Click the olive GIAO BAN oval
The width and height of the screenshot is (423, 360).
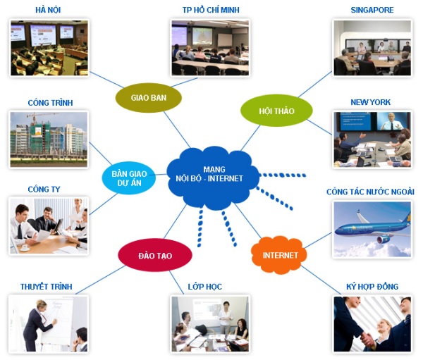149,97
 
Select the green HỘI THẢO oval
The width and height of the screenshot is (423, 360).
276,111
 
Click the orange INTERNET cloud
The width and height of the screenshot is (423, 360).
280,255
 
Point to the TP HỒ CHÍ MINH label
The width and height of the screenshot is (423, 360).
209,10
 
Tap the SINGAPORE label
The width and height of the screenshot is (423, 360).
372,10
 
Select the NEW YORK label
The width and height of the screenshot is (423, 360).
371,102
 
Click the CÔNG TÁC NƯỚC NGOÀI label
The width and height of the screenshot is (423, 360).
371,192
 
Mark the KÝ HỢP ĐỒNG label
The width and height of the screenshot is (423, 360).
372,287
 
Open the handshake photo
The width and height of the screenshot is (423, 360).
372,324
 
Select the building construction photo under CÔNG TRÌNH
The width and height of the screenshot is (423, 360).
49,139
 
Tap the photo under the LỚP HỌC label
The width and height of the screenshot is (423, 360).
209,324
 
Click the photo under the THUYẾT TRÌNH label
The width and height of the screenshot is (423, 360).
49,324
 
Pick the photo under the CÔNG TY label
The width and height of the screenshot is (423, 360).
49,225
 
